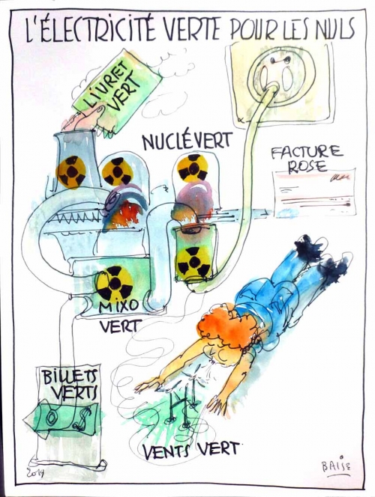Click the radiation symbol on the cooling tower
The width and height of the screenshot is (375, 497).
pos(71,172)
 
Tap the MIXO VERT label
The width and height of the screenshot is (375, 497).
pos(119,316)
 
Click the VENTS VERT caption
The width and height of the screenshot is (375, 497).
pos(190,450)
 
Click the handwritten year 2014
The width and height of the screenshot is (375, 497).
pos(35,473)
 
